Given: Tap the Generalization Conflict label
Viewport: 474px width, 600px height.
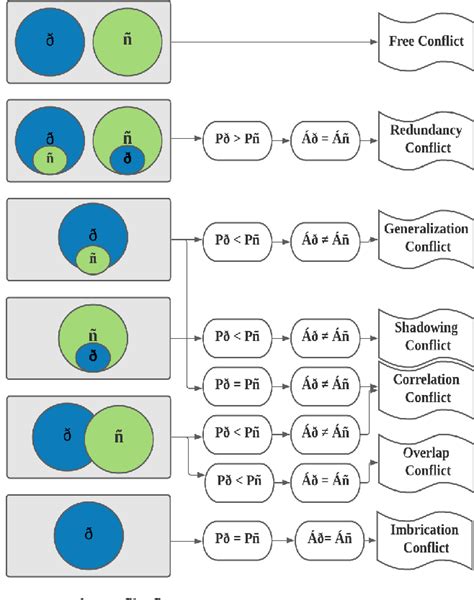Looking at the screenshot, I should coord(426,238).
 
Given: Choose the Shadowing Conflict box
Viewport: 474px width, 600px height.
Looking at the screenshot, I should coord(424,336).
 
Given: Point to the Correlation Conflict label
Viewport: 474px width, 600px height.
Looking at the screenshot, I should coord(424,388).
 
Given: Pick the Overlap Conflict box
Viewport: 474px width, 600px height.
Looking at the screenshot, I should coord(424,461).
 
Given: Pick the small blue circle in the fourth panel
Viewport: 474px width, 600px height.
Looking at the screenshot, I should coord(92,355).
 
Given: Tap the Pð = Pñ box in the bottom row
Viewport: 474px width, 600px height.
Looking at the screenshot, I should coord(239,538).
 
